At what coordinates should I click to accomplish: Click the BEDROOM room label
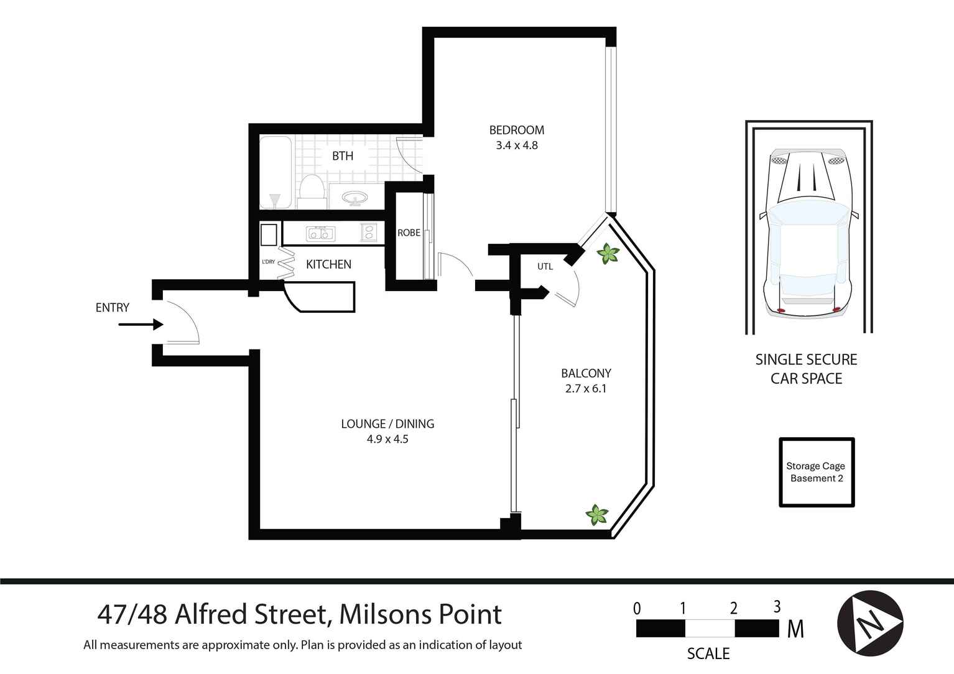[x=516, y=130]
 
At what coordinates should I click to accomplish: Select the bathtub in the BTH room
[x=275, y=172]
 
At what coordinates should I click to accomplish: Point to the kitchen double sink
[x=320, y=234]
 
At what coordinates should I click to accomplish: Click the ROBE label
[x=409, y=233]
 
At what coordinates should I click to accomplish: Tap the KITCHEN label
[x=328, y=264]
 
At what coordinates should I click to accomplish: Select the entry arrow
[x=141, y=325]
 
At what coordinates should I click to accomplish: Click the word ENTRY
[x=113, y=307]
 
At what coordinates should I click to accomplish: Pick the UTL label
[x=545, y=267]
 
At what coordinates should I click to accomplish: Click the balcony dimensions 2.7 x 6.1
[x=586, y=389]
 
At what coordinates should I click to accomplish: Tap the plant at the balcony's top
[x=607, y=254]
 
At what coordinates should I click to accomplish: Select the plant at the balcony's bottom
[x=597, y=514]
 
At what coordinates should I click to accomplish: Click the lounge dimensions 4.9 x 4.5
[x=387, y=439]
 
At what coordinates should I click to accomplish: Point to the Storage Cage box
[x=817, y=473]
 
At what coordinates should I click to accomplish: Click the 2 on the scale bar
[x=734, y=609]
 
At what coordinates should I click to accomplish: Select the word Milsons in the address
[x=380, y=615]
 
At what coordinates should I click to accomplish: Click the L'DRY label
[x=268, y=262]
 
